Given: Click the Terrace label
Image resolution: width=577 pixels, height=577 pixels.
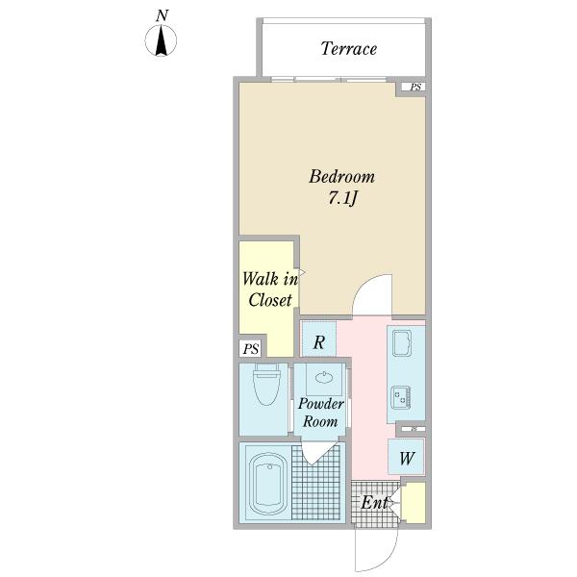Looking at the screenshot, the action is click(348, 49).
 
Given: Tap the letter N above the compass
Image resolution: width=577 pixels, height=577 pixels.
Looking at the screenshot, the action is click(162, 15).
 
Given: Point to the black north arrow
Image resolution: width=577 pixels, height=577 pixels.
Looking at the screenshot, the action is click(161, 42).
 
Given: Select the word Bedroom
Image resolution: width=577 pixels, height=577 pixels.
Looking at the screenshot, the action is click(341, 176).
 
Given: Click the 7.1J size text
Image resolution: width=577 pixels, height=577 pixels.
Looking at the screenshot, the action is click(342, 199).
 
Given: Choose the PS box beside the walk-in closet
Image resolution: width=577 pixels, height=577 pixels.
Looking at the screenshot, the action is click(251, 348).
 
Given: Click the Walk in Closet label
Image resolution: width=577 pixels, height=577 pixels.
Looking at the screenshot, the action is click(270, 289).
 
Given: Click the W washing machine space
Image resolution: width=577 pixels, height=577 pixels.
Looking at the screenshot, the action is click(406, 457).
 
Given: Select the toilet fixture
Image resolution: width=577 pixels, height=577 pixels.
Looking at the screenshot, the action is click(266, 384).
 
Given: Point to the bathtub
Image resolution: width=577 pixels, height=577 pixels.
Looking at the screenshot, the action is click(268, 482).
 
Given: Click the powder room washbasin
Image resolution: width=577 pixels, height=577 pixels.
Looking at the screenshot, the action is click(324, 378).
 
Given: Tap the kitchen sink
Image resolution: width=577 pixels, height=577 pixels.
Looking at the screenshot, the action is click(403, 343).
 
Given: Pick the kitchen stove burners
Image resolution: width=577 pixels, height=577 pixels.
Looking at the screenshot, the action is click(401, 397).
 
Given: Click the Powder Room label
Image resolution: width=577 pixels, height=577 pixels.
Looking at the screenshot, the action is click(321, 413).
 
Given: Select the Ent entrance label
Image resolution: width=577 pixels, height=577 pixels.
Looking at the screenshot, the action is click(374, 502).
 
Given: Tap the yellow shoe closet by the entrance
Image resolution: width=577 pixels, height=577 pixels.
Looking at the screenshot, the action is click(414, 502).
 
